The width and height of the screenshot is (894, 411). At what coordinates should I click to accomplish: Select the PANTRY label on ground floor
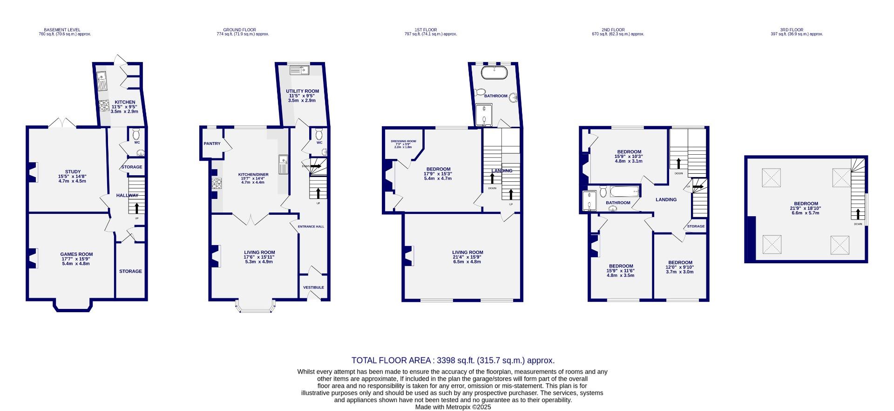click(x=212, y=144)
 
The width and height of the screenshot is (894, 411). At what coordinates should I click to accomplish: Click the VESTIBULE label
click(x=313, y=288)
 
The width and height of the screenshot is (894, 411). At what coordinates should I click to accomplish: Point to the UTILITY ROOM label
click(x=302, y=91)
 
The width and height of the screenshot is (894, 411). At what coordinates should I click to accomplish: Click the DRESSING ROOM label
click(x=403, y=141)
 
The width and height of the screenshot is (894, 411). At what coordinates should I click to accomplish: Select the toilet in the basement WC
click(x=136, y=135)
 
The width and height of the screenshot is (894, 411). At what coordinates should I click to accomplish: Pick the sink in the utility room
click(x=300, y=70)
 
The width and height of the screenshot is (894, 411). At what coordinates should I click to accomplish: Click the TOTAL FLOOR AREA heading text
click(x=453, y=360)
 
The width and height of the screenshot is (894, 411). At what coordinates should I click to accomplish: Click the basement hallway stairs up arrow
click(x=137, y=208)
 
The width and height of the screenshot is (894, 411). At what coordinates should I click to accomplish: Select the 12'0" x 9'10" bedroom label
click(x=680, y=262)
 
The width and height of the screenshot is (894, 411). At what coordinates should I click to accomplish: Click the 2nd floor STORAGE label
click(x=696, y=226)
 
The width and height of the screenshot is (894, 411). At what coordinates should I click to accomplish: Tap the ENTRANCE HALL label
click(x=313, y=226)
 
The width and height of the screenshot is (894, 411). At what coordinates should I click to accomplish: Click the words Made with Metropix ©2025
click(x=453, y=407)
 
